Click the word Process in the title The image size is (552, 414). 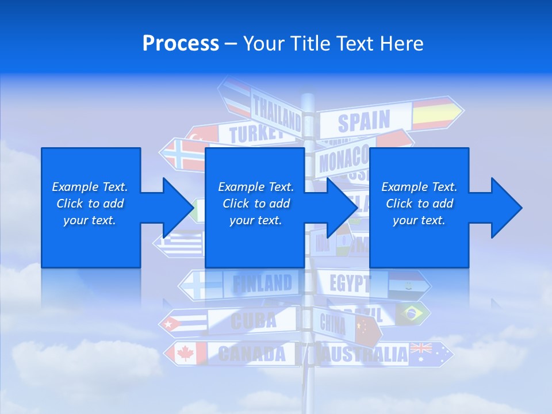(x=181, y=44)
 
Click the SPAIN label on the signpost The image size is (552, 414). (x=363, y=121)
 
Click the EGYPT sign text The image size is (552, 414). (x=350, y=283)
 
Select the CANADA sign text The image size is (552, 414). (x=252, y=354)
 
